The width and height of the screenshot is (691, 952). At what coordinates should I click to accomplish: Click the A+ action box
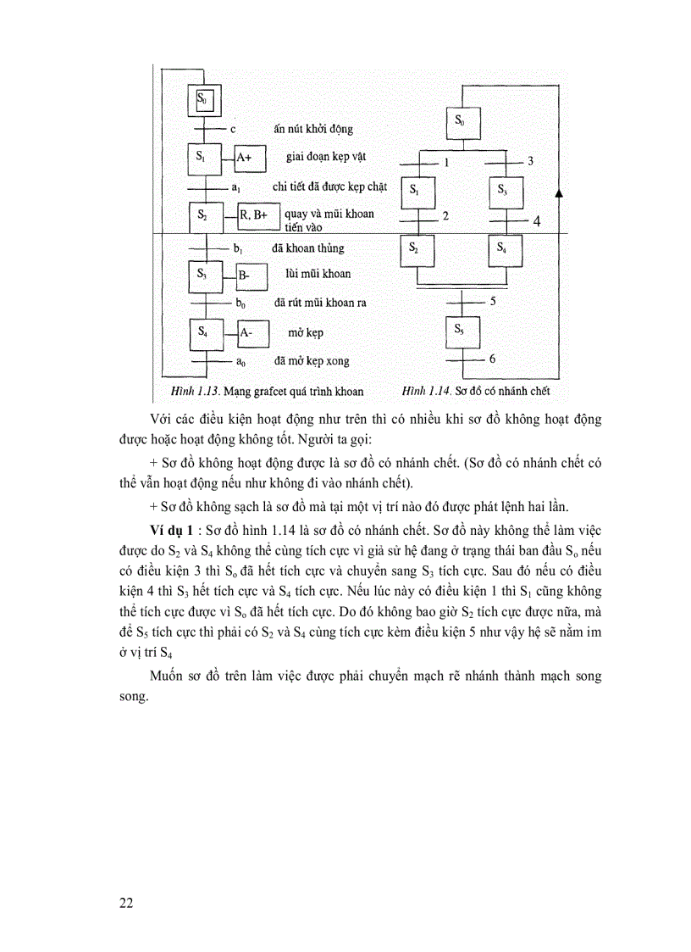coord(251,158)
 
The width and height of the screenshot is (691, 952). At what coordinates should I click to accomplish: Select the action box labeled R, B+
coord(254,216)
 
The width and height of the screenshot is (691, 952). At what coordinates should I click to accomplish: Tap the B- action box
coord(249,276)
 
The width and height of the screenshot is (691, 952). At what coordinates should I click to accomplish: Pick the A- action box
coord(251,333)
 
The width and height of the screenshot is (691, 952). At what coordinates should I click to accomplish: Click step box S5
coord(458,331)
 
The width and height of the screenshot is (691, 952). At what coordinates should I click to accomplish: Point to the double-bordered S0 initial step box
coord(204,101)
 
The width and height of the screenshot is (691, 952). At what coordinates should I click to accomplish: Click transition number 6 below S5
coord(492,359)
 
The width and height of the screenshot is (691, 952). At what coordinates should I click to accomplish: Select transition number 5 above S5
coord(492,301)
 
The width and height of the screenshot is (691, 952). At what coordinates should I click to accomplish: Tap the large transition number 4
coord(536,222)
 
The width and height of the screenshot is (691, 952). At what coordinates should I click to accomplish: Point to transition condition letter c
coord(232,129)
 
